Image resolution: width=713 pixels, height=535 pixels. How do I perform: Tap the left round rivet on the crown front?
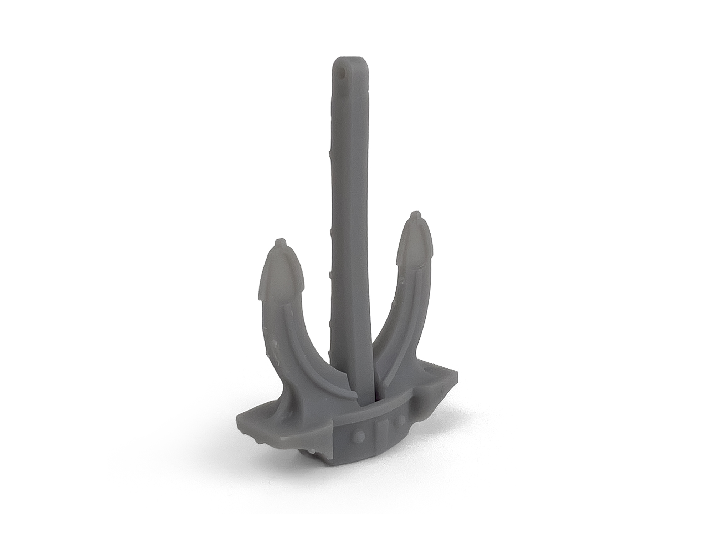coord(359,435)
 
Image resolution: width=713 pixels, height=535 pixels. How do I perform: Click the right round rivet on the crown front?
coord(402,419)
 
